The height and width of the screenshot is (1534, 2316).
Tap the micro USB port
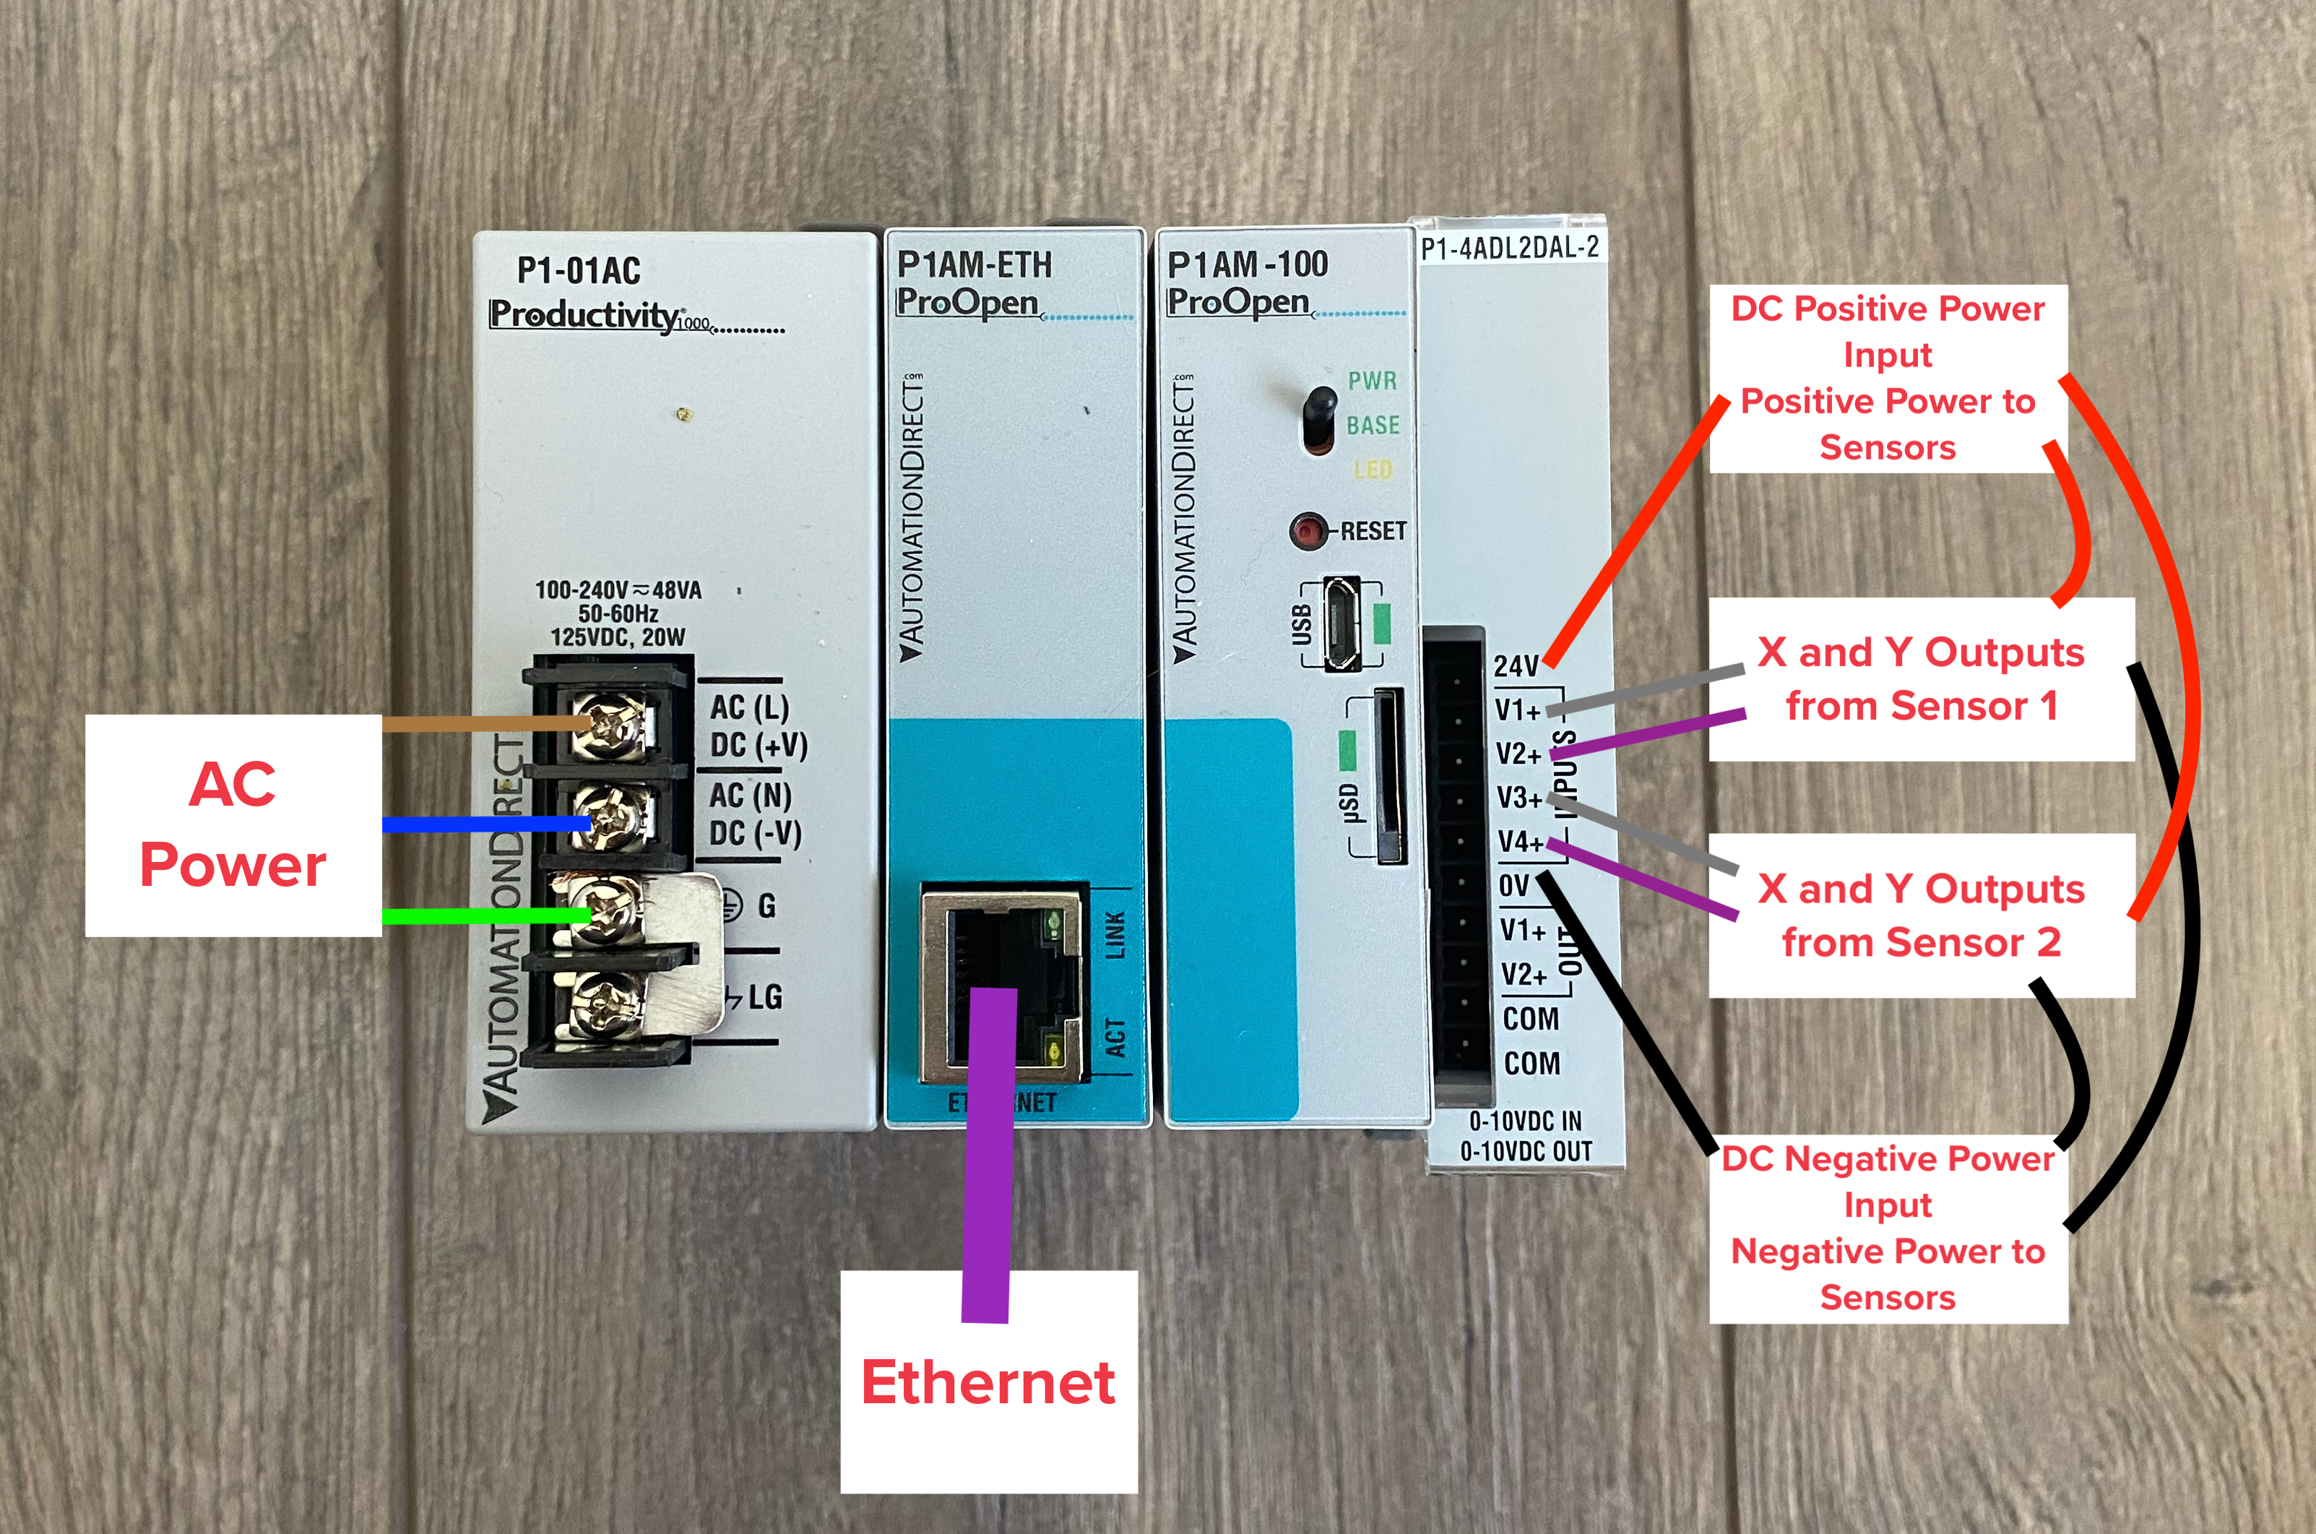pyautogui.click(x=1341, y=622)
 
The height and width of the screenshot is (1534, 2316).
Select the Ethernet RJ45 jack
pyautogui.click(x=1003, y=983)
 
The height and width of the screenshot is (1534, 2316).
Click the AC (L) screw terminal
pyautogui.click(x=609, y=725)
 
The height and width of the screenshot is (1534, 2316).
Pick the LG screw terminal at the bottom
pyautogui.click(x=602, y=1004)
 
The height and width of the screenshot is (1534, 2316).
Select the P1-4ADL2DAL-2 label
pyautogui.click(x=1509, y=249)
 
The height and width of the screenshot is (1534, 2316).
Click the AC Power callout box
pyautogui.click(x=233, y=824)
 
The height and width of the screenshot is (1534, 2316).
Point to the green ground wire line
pyautogui.click(x=484, y=915)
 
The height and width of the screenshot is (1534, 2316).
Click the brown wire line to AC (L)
pyautogui.click(x=484, y=724)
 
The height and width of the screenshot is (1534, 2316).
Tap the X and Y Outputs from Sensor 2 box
pyautogui.click(x=1921, y=915)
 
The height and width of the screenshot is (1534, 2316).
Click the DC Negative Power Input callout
pyautogui.click(x=1888, y=1228)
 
